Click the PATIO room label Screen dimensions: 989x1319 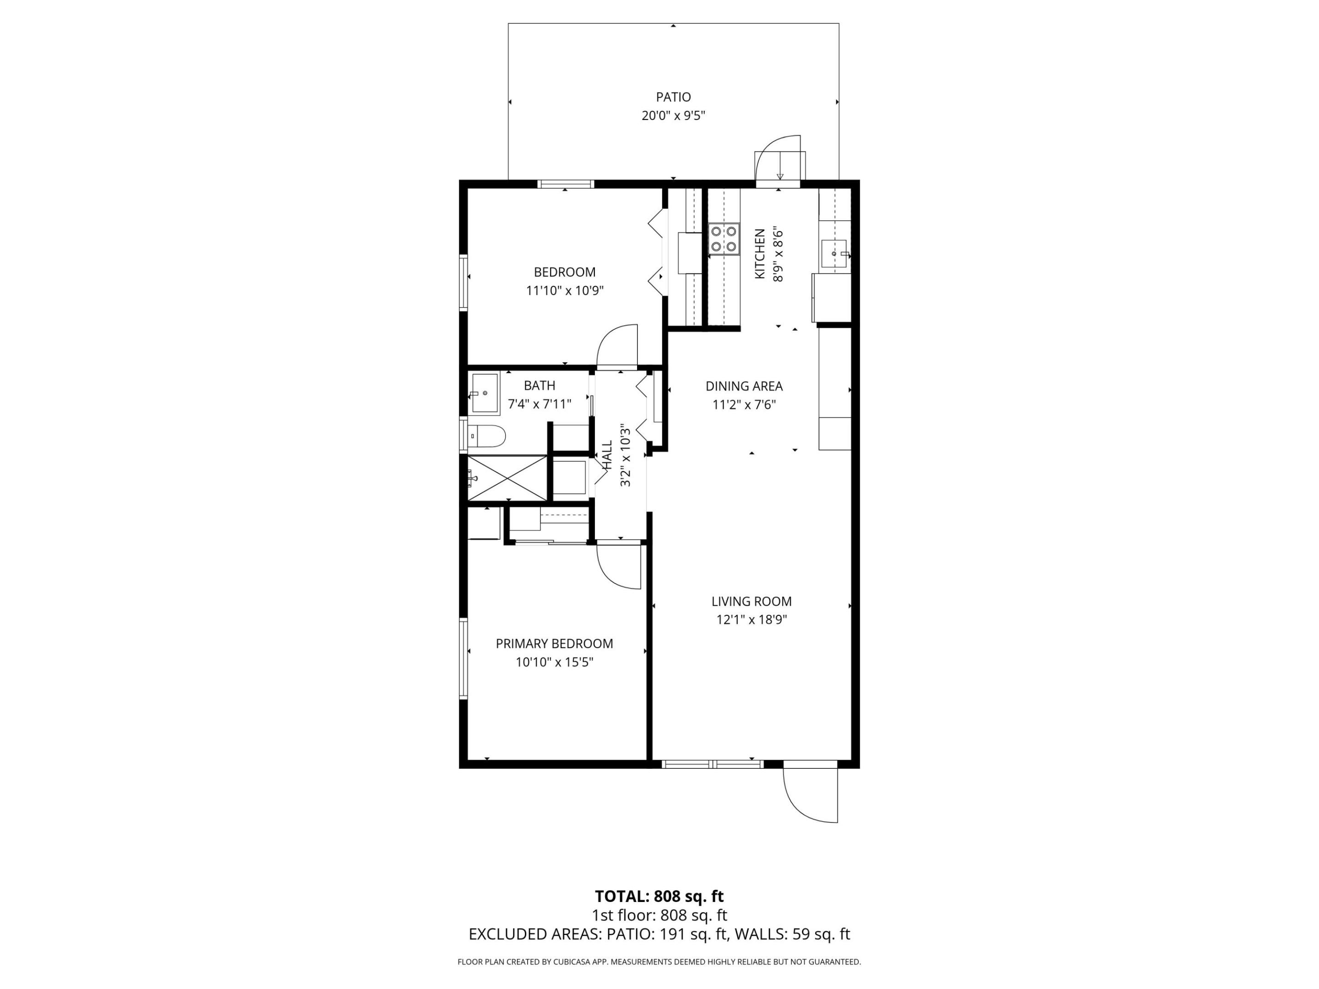click(x=673, y=97)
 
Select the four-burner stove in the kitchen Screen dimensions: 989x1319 click(x=723, y=239)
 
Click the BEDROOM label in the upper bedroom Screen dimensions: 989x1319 click(x=564, y=272)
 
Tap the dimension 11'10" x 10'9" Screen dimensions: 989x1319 click(x=564, y=291)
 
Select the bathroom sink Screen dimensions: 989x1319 click(x=485, y=393)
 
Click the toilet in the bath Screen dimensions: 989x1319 click(x=487, y=436)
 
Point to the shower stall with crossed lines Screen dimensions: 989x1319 click(x=507, y=478)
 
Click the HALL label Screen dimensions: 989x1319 click(x=607, y=455)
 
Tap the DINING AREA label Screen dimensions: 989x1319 click(x=744, y=386)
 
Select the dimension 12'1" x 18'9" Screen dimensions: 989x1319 click(x=751, y=620)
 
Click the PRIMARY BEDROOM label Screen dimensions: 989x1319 click(x=554, y=643)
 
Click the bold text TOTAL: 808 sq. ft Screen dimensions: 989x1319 click(x=659, y=896)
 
